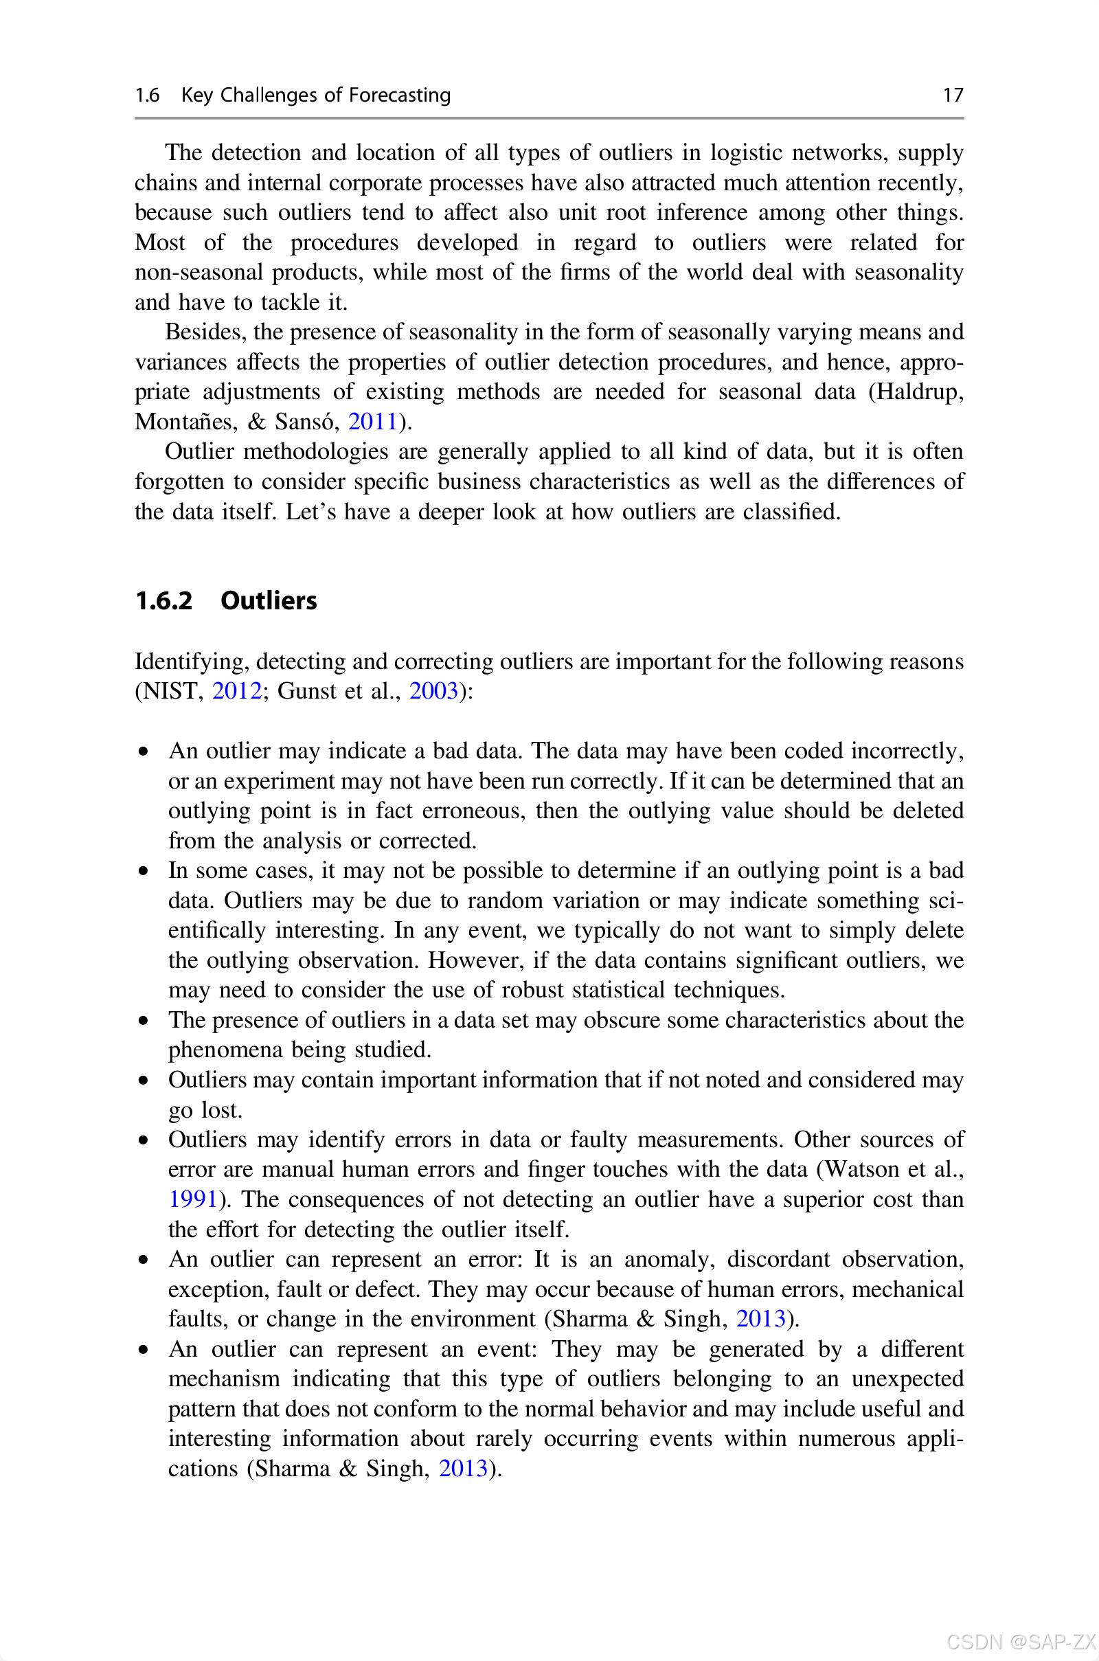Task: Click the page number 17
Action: pyautogui.click(x=953, y=95)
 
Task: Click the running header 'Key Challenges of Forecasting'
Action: pyautogui.click(x=315, y=95)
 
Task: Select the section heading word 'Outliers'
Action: pyautogui.click(x=269, y=600)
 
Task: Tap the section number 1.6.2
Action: pyautogui.click(x=163, y=600)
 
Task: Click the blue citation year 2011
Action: pyautogui.click(x=373, y=421)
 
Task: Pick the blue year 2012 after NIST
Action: pyautogui.click(x=237, y=691)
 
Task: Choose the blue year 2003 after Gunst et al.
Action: pyautogui.click(x=433, y=691)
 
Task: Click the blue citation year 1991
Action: pyautogui.click(x=193, y=1199)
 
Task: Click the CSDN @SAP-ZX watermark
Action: pyautogui.click(x=1021, y=1642)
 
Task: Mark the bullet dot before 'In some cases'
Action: pyautogui.click(x=144, y=871)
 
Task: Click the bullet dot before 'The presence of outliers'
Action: pyautogui.click(x=144, y=1020)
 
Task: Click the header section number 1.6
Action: pyautogui.click(x=147, y=95)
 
